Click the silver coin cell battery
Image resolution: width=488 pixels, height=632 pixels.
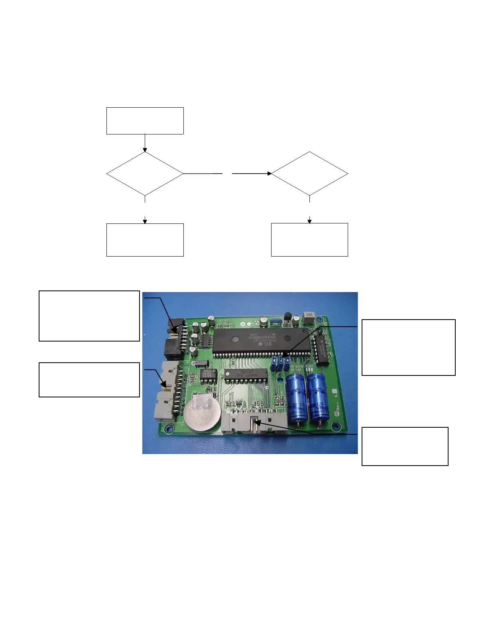point(202,413)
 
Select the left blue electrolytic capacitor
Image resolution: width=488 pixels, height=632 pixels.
point(296,396)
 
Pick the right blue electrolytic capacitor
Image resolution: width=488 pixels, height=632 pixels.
point(319,395)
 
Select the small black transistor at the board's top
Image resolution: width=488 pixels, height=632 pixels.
point(287,317)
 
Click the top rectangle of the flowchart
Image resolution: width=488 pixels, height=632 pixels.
point(145,120)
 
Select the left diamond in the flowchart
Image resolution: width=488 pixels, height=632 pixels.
point(145,174)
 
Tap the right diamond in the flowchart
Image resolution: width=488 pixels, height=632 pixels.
point(309,174)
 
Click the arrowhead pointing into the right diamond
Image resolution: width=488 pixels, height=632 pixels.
point(270,174)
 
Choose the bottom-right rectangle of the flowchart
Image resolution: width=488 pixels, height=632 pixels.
point(309,239)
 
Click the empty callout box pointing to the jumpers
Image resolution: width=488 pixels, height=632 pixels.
point(408,347)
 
